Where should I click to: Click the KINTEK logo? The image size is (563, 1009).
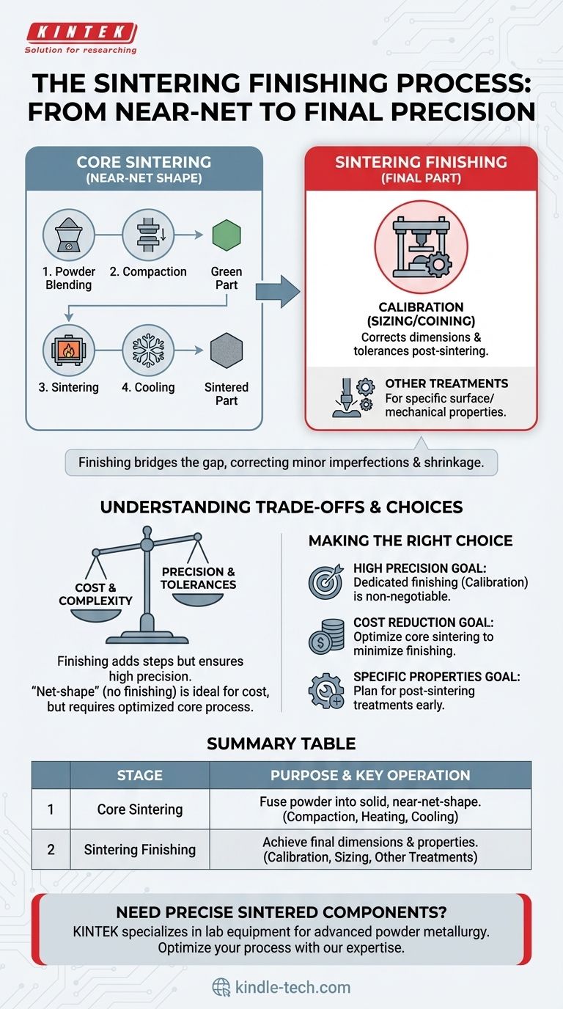(x=81, y=33)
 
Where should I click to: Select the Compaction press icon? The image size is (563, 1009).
(x=149, y=235)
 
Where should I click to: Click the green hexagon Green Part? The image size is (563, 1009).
(x=226, y=236)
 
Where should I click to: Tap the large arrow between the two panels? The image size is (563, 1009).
(x=278, y=293)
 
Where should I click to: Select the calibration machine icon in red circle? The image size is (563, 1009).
(x=421, y=247)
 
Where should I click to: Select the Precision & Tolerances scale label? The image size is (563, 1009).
(x=198, y=578)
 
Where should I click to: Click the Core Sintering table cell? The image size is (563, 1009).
(x=139, y=809)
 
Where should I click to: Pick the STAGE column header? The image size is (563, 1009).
(x=139, y=775)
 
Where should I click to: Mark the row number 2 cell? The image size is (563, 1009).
(x=51, y=849)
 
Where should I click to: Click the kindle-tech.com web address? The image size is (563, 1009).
(x=292, y=987)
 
